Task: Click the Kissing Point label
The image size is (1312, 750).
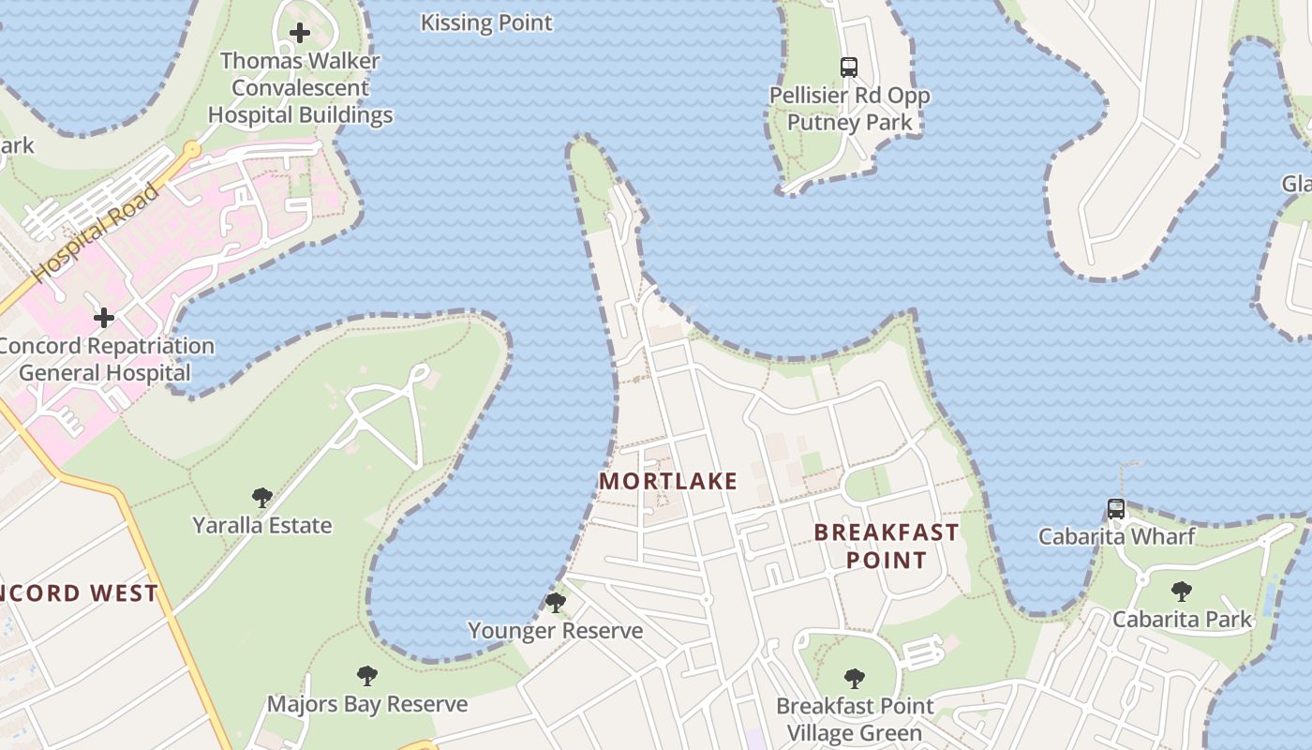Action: click(486, 22)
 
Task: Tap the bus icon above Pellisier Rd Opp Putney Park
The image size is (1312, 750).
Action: click(849, 67)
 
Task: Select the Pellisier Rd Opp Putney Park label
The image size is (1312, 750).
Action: click(850, 109)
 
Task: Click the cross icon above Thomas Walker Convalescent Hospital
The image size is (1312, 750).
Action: click(300, 34)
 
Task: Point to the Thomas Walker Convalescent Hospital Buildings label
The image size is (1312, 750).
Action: click(300, 88)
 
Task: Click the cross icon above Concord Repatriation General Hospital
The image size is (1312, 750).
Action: click(104, 318)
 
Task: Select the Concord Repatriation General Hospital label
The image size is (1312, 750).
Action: click(105, 359)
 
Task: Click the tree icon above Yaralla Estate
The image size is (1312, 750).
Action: click(262, 498)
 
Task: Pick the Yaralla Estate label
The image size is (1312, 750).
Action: click(262, 525)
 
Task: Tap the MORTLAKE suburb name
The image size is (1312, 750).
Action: click(668, 482)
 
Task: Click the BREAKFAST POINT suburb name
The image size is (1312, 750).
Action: click(887, 546)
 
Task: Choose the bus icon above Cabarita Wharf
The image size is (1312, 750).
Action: click(1116, 509)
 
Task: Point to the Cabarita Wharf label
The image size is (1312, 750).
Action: click(1116, 536)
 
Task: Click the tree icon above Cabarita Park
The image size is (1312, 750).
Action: click(1182, 592)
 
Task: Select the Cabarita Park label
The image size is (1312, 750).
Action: click(1182, 619)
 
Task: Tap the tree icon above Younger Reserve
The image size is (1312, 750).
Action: click(556, 603)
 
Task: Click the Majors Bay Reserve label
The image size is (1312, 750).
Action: click(367, 704)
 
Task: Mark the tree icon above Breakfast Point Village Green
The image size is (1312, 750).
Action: click(854, 679)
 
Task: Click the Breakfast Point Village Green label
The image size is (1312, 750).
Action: click(855, 719)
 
